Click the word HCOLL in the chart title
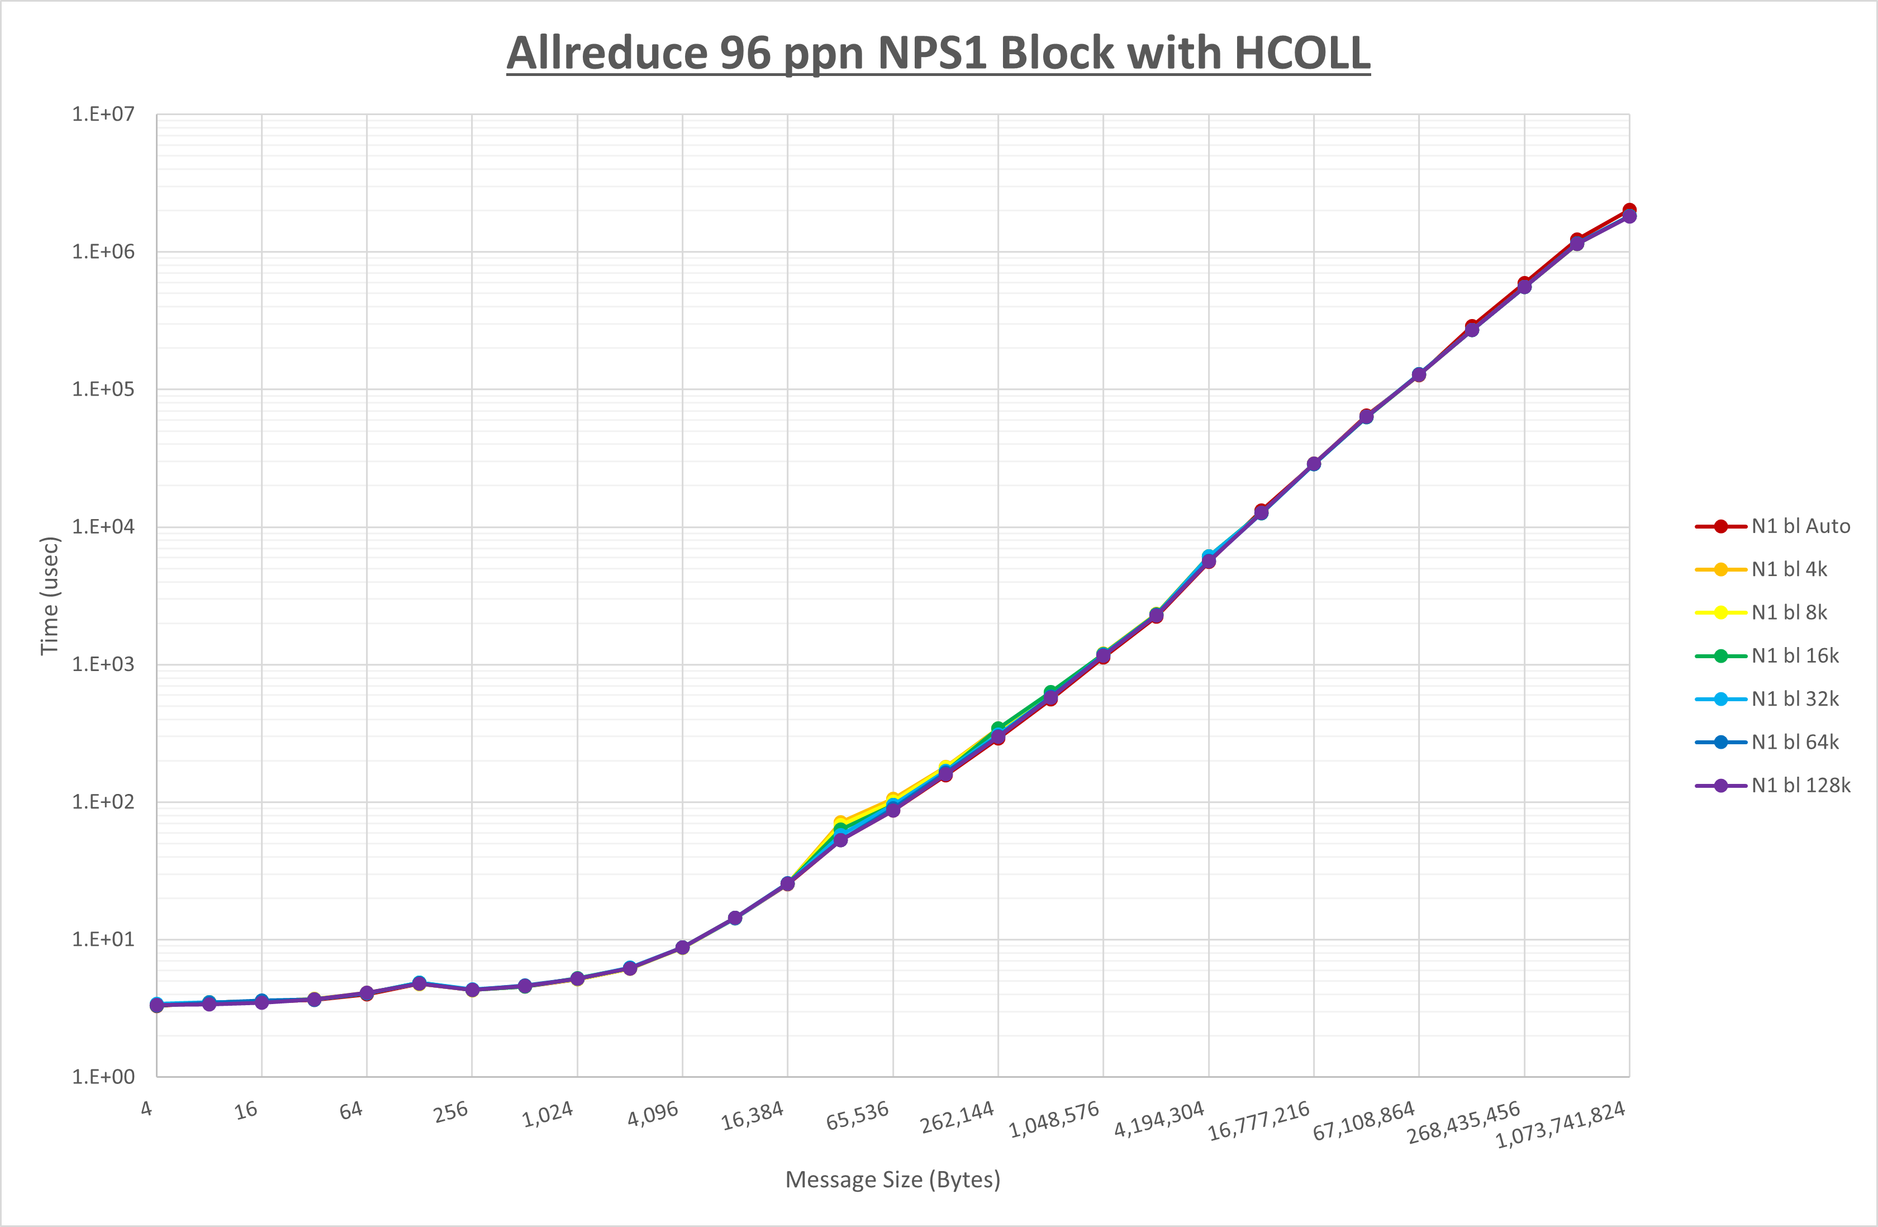click(1301, 54)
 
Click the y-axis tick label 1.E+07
click(103, 115)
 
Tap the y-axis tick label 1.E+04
click(103, 526)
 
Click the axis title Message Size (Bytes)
click(892, 1180)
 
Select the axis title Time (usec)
click(50, 596)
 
